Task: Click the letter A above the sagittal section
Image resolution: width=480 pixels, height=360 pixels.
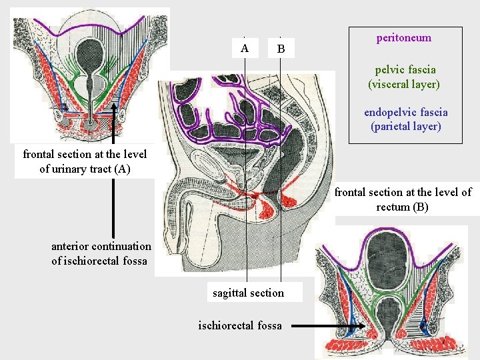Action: [x=245, y=48]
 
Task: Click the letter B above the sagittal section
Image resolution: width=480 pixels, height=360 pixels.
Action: [x=281, y=49]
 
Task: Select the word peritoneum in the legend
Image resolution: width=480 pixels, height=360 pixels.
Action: [x=403, y=38]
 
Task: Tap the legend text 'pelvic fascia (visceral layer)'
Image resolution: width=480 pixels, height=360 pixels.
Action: [x=404, y=77]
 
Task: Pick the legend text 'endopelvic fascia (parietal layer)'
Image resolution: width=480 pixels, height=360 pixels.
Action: [x=405, y=119]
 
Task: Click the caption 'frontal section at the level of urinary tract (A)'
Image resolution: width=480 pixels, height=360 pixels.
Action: [x=85, y=161]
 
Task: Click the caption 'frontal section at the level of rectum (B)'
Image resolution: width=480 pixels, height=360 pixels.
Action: [x=403, y=199]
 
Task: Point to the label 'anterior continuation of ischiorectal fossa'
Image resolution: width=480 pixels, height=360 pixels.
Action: [x=101, y=253]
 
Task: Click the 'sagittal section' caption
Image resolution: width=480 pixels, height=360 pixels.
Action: [x=248, y=293]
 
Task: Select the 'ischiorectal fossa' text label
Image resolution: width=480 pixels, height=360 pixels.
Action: [x=240, y=325]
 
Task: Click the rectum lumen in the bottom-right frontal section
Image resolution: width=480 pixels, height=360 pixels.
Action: [x=387, y=317]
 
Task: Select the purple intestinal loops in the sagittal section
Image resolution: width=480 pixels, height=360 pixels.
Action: [x=220, y=113]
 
